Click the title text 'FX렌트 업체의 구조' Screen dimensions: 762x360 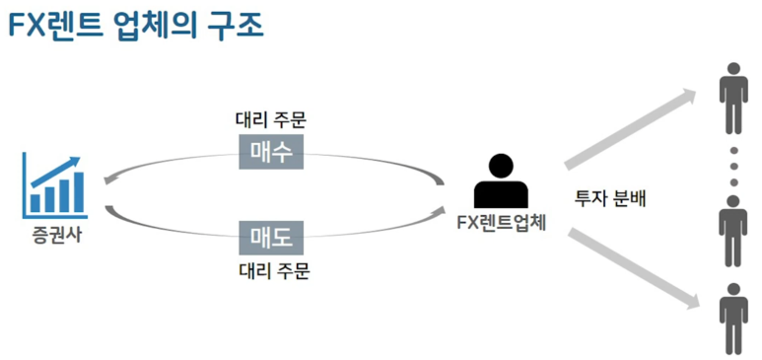[x=136, y=26]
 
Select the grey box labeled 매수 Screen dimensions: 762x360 [x=271, y=152]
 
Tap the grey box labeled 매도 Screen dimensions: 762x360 [x=271, y=238]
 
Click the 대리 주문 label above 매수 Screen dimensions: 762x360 [x=271, y=120]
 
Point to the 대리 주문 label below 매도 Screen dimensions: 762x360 [x=275, y=270]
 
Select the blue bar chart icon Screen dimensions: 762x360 [x=55, y=185]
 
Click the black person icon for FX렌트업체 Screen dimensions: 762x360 [x=501, y=180]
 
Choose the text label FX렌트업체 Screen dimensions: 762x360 [x=503, y=223]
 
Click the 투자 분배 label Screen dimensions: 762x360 [x=610, y=199]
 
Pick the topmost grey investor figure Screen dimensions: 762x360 [x=733, y=99]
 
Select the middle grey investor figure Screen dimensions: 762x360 [x=733, y=231]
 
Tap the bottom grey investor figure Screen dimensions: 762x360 [x=733, y=319]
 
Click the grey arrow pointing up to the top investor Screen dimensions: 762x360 [x=630, y=128]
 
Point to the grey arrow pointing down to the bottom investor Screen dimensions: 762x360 [x=632, y=269]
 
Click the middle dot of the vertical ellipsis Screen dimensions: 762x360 [x=733, y=166]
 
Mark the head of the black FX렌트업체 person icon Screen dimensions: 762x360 [x=501, y=167]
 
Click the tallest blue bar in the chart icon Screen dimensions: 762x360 [x=78, y=192]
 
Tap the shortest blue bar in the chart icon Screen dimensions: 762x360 [x=35, y=203]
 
